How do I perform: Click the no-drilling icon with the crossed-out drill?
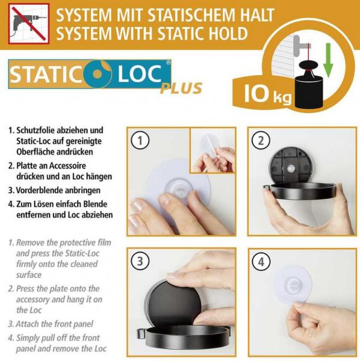tap(29, 23)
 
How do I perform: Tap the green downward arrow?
tap(328, 60)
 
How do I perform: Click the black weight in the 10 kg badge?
tap(309, 85)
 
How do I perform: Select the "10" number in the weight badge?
tap(256, 93)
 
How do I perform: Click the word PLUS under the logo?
tap(181, 88)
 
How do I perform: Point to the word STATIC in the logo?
tap(46, 75)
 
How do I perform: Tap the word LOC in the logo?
tap(140, 74)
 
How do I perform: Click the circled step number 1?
tap(140, 140)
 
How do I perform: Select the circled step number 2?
tap(261, 140)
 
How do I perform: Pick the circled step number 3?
tap(140, 261)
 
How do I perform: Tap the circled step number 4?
tap(261, 262)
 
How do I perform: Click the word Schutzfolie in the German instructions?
tap(36, 131)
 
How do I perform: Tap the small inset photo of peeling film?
tap(213, 150)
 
